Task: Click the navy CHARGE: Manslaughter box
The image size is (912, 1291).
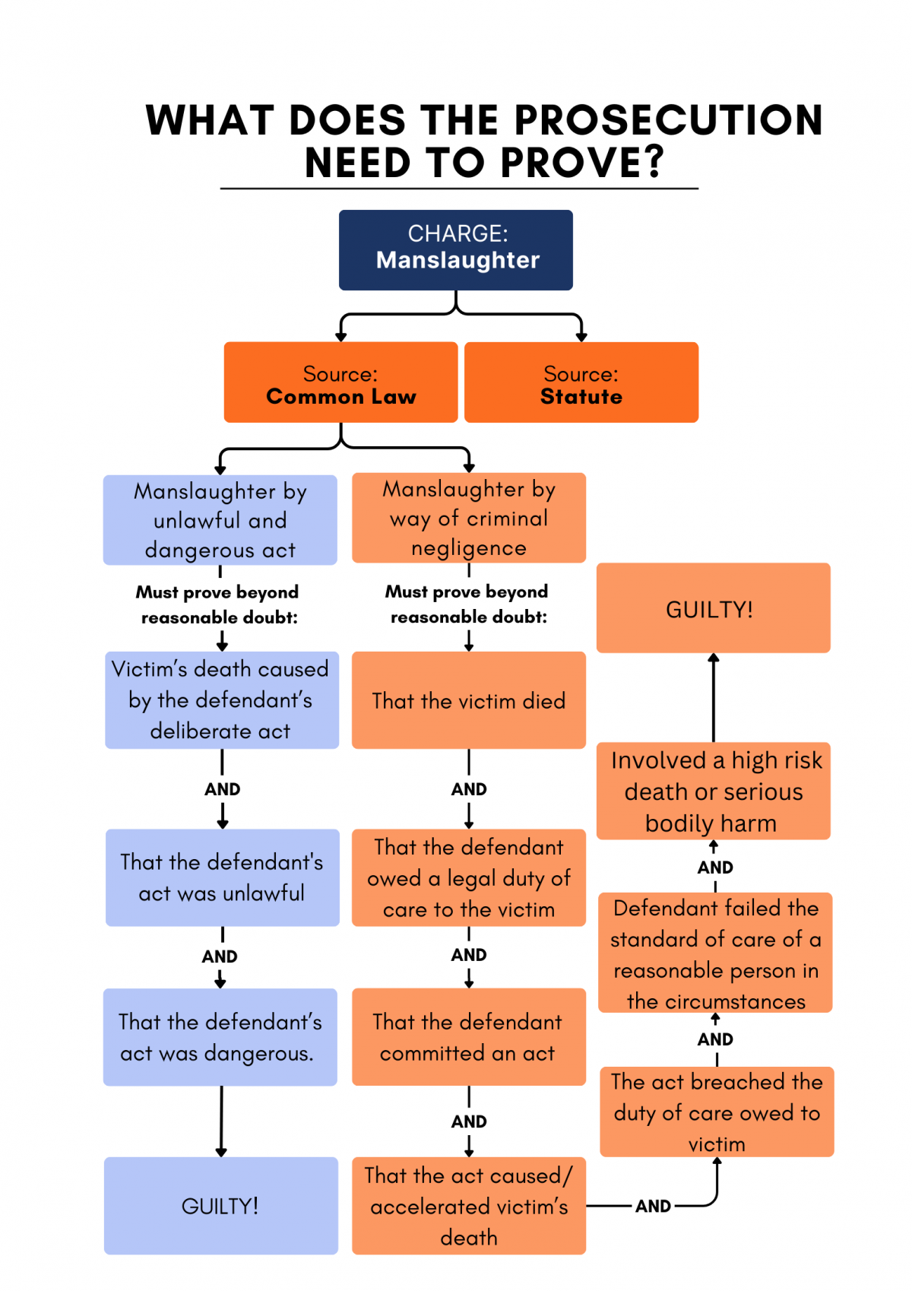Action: [x=456, y=249]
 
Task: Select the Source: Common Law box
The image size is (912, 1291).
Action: [x=340, y=382]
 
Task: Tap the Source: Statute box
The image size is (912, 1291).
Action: [x=581, y=382]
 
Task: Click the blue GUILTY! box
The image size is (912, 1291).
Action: [x=220, y=1206]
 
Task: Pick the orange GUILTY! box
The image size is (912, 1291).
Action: [x=713, y=608]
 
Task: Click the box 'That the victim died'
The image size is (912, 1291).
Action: [x=469, y=700]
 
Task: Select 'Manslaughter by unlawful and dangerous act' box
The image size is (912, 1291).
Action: [x=220, y=520]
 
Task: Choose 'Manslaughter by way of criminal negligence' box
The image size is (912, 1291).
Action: [x=469, y=518]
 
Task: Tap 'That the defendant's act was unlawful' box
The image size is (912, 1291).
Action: [x=222, y=877]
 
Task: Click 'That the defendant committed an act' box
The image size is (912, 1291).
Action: [x=469, y=1037]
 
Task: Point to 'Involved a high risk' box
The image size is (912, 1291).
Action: [x=713, y=791]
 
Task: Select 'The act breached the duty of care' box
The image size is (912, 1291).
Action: [x=717, y=1112]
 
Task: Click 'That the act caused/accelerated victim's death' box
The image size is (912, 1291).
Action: [x=469, y=1206]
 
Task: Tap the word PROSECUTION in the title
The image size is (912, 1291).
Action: [x=669, y=120]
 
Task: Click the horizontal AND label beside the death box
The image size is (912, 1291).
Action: [x=653, y=1206]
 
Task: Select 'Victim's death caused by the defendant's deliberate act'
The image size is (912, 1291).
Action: [x=221, y=699]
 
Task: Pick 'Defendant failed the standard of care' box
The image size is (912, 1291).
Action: [x=715, y=953]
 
